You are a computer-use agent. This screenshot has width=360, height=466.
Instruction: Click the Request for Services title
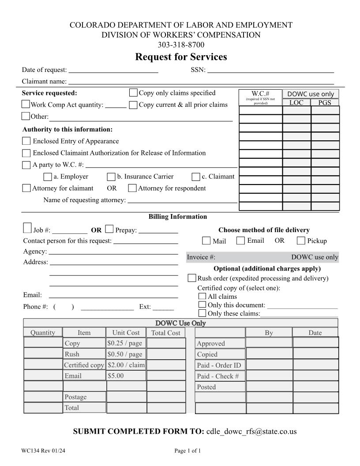tap(181, 57)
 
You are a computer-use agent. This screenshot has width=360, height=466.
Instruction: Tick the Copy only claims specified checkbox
tap(133, 93)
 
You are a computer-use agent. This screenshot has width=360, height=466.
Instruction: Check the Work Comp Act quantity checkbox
tap(26, 105)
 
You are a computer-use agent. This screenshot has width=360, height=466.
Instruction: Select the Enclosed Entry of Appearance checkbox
tap(26, 141)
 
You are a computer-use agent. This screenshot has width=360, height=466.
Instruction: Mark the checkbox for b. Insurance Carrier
tap(111, 177)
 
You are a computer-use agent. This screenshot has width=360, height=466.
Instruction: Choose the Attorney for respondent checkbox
tap(132, 188)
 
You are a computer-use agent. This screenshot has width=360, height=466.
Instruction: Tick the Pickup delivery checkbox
tap(301, 241)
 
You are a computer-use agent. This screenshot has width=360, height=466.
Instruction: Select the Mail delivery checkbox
tap(206, 241)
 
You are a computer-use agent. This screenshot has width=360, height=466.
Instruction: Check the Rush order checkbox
tap(192, 278)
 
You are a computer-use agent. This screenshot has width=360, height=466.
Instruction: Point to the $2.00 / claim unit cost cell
tap(126, 365)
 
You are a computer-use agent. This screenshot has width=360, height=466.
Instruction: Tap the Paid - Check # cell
tap(220, 376)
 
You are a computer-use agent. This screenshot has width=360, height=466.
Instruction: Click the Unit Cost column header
tap(126, 333)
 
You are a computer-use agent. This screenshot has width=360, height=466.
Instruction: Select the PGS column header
tap(325, 103)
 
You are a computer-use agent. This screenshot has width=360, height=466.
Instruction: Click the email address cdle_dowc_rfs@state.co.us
tap(251, 431)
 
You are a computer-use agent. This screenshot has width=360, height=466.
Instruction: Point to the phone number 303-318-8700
tap(181, 45)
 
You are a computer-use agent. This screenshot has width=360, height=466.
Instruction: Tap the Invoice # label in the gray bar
tap(201, 257)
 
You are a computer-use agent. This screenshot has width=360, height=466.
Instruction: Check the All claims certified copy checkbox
tap(202, 297)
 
